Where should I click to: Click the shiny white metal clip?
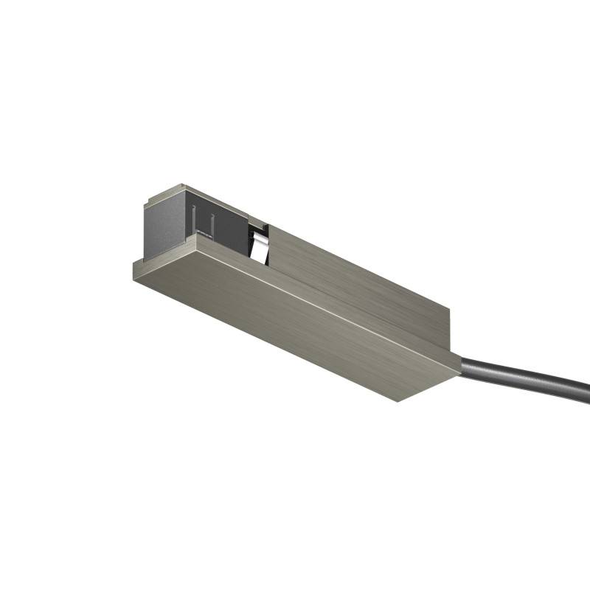pos(259,244)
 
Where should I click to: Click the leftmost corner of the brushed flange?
pos(133,263)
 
